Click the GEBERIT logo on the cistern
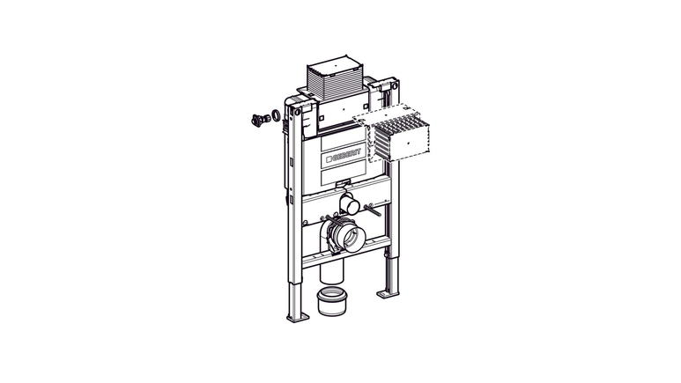click(x=343, y=155)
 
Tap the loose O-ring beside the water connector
click(x=277, y=116)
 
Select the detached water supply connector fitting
click(x=258, y=120)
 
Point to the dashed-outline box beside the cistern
click(x=392, y=132)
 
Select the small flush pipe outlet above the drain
click(x=349, y=204)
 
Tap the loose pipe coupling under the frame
click(x=331, y=301)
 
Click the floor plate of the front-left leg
click(x=298, y=318)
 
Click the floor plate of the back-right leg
click(x=388, y=293)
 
